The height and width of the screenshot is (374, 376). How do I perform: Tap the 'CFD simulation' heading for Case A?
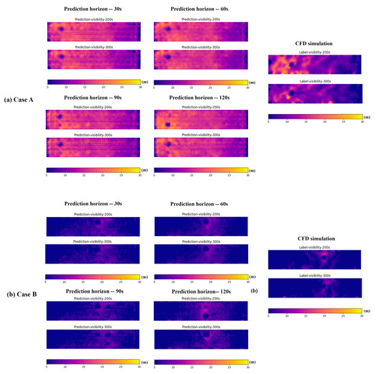point(315,44)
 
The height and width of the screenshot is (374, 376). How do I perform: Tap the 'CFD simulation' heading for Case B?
point(315,238)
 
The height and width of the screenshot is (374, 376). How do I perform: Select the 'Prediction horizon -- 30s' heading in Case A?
point(92,9)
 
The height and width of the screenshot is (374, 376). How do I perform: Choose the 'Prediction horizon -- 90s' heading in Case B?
point(92,291)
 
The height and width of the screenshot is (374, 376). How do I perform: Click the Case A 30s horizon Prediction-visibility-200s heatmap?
point(92,31)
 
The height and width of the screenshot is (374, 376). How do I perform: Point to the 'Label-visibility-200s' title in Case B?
point(315,247)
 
